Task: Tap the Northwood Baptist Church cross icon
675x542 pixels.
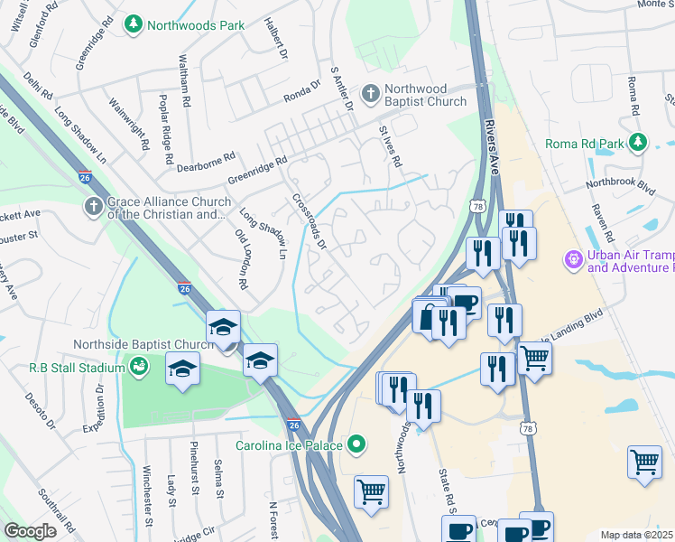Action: pyautogui.click(x=370, y=93)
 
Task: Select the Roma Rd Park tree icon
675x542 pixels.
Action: pyautogui.click(x=638, y=143)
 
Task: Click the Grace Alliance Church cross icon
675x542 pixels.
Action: pyautogui.click(x=93, y=208)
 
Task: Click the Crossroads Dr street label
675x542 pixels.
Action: pyautogui.click(x=309, y=220)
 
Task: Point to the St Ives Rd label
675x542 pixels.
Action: pyautogui.click(x=390, y=145)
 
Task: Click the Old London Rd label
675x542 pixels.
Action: pyautogui.click(x=241, y=258)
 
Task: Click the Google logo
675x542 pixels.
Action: pyautogui.click(x=31, y=530)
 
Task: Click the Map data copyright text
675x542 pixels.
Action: pyautogui.click(x=637, y=535)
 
